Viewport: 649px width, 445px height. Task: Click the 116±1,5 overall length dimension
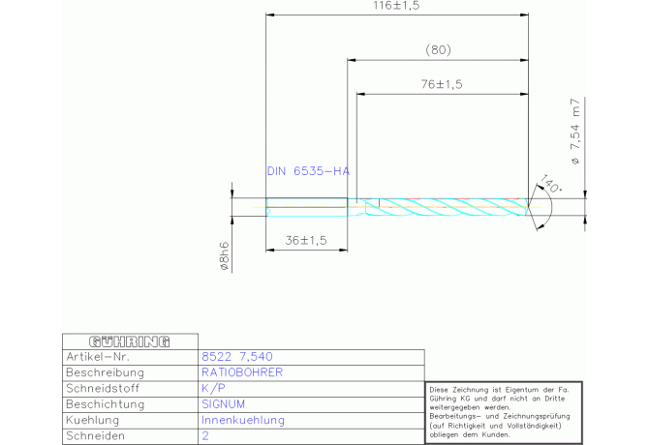point(396,6)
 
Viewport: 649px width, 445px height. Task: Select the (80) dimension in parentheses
point(439,50)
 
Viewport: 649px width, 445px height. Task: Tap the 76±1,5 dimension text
point(442,84)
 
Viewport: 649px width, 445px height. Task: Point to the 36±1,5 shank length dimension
point(306,240)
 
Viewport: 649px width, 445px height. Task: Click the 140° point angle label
point(550,183)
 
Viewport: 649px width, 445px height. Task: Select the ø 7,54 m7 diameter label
point(575,132)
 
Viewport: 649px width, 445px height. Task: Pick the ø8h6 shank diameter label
point(224,256)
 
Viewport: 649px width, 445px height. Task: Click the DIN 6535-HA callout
point(308,171)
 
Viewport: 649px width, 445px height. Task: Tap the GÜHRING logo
point(130,341)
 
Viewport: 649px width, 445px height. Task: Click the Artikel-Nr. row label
point(98,357)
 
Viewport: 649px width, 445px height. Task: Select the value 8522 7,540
point(237,357)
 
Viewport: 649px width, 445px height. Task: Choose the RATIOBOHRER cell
point(242,372)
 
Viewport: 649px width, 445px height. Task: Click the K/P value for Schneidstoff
point(213,388)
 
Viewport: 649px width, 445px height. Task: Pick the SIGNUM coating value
point(223,404)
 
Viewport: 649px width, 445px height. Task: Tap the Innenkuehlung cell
point(243,420)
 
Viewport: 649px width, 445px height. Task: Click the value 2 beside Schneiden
point(205,436)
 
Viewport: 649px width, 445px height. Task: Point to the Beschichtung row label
point(106,404)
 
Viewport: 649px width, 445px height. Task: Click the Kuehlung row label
point(93,420)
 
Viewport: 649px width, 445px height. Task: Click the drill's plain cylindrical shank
point(307,207)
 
